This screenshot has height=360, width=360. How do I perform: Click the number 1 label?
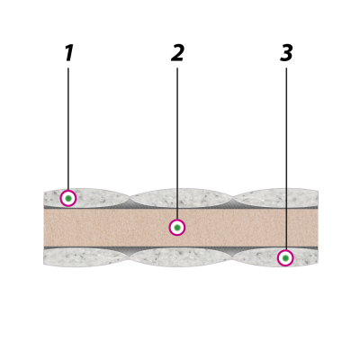(x=69, y=53)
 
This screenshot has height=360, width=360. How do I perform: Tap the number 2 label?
(x=177, y=53)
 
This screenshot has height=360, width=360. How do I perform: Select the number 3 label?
(x=286, y=53)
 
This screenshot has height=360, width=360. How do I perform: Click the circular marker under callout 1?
(x=68, y=198)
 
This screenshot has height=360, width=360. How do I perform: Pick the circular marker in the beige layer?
(x=177, y=228)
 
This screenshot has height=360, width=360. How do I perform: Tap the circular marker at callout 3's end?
(x=285, y=258)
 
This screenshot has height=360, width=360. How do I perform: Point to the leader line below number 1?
(x=68, y=129)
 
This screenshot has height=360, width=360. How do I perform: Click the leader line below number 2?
(x=177, y=143)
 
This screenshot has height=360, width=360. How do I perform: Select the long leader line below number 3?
(x=286, y=158)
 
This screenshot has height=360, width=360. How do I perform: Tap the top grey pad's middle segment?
(x=182, y=198)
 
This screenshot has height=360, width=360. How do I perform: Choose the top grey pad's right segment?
(x=275, y=198)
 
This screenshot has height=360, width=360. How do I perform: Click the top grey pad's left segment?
(x=87, y=198)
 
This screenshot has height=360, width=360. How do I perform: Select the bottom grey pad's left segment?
(x=87, y=257)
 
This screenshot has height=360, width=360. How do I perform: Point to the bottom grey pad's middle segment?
(x=182, y=257)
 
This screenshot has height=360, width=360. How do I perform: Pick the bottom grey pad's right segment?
(x=275, y=257)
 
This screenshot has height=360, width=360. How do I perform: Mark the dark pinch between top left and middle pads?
(x=130, y=202)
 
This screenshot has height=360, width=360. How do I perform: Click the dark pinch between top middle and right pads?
(x=233, y=202)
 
